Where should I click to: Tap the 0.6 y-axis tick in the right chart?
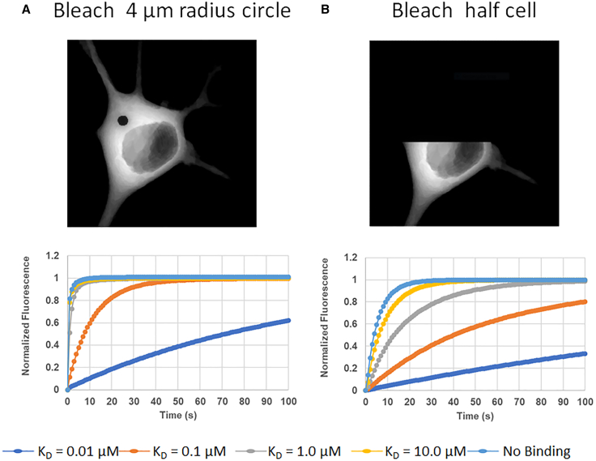click(x=351, y=324)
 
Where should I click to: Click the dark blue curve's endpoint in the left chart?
click(x=288, y=320)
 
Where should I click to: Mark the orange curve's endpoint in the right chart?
click(x=585, y=301)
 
